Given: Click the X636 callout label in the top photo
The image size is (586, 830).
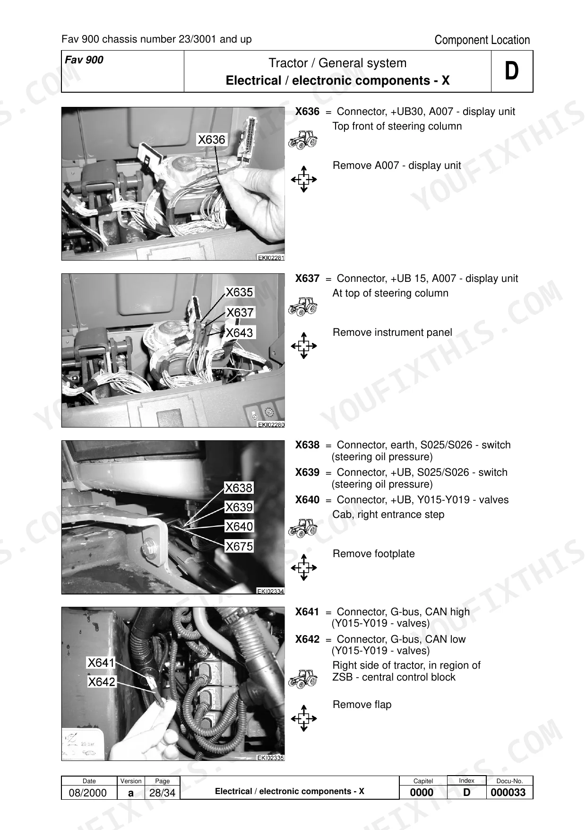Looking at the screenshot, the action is click(x=212, y=140).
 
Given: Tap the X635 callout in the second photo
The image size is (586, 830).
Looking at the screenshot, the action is click(x=239, y=292).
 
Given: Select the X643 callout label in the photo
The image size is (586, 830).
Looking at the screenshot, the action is click(x=240, y=333).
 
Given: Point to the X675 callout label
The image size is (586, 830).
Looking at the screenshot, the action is click(x=239, y=546).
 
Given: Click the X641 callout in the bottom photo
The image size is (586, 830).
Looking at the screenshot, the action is click(x=101, y=663).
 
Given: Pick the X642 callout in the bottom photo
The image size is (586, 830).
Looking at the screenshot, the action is click(x=101, y=681).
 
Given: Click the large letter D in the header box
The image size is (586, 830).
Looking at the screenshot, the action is click(x=512, y=71).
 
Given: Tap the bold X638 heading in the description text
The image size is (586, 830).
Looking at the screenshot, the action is click(x=307, y=445).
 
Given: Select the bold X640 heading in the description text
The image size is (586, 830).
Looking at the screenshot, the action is click(x=307, y=500).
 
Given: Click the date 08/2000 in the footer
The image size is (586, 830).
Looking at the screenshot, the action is click(x=88, y=793).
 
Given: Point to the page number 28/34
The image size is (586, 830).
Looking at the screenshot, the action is click(x=162, y=793).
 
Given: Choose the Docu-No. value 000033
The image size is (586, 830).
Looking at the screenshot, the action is click(x=508, y=793).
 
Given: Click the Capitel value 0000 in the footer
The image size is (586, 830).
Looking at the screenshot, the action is click(x=422, y=793).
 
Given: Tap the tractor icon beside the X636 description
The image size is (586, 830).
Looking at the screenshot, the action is click(x=303, y=140).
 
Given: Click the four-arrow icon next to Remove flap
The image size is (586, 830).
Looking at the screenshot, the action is click(x=304, y=719).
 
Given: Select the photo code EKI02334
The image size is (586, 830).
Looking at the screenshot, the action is click(x=270, y=591).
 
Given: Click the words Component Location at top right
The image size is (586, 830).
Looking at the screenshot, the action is click(x=482, y=40).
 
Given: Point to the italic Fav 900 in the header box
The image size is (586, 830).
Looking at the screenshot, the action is click(x=84, y=60).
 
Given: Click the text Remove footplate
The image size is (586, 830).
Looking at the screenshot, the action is click(x=374, y=554).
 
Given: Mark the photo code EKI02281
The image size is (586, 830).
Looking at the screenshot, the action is click(x=271, y=258).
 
